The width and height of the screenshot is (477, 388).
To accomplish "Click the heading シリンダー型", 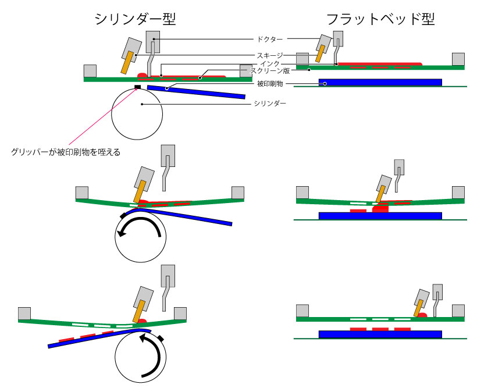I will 135,20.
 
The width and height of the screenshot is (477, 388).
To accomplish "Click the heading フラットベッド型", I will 380,20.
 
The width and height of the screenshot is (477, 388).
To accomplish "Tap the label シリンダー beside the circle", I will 269,103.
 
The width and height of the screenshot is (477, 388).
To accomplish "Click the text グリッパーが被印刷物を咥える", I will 66,152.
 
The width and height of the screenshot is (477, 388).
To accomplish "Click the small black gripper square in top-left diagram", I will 138,87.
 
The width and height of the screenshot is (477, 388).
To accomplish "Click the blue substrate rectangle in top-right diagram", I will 380,83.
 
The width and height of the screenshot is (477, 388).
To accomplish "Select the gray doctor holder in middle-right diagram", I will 398,168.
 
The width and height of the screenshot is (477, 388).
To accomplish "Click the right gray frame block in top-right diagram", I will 458,59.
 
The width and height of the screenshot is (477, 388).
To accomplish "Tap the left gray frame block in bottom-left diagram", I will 24,314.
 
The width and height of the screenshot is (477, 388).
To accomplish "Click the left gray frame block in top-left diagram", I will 90,70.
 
